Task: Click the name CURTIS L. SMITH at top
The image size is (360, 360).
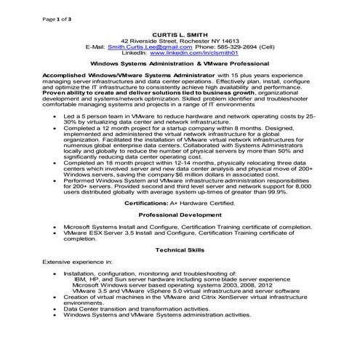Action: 180,35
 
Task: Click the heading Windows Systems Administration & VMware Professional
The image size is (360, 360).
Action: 180,64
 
